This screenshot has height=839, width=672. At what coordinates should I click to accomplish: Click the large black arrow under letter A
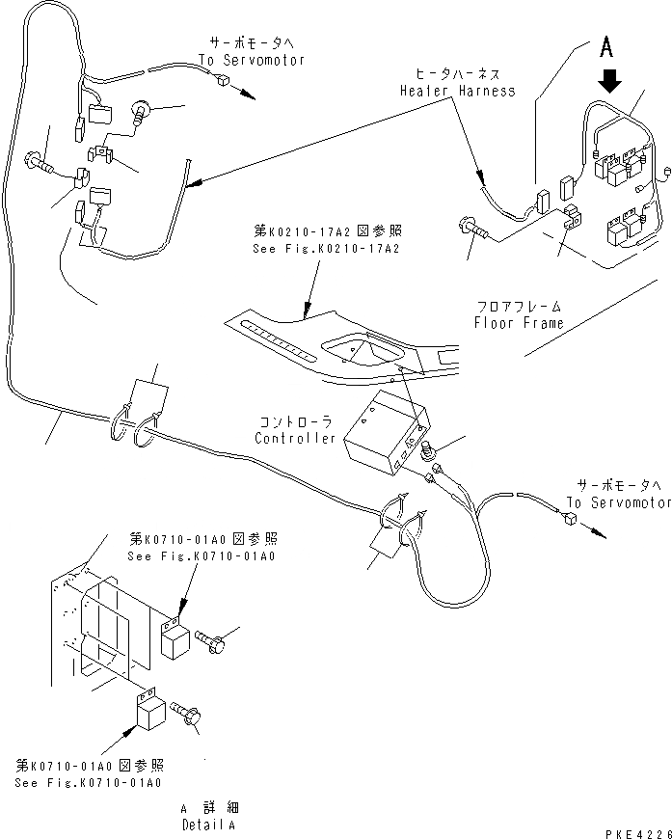[x=610, y=80]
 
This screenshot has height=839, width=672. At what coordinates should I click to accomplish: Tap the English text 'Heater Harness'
[x=458, y=91]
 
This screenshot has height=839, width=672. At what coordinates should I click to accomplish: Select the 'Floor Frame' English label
[x=518, y=323]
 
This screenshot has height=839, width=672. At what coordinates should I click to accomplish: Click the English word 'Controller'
[x=295, y=439]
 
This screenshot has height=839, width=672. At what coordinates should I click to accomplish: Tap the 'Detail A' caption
[x=210, y=825]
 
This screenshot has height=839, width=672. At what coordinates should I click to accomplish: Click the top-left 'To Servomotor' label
[x=252, y=60]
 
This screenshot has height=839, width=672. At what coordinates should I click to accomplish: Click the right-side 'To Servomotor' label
[x=618, y=502]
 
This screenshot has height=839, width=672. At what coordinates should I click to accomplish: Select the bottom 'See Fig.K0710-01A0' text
[x=89, y=782]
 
